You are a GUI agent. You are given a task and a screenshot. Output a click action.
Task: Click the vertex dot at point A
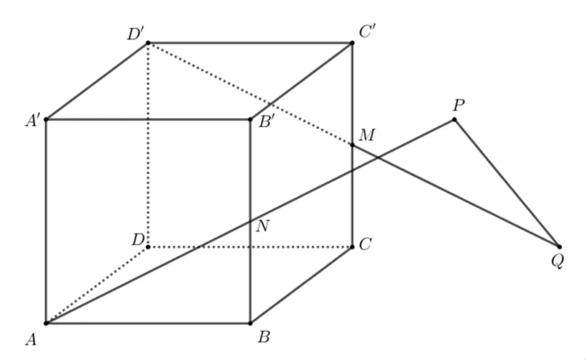point(46,323)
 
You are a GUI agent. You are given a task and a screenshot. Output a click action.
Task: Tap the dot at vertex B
point(250,323)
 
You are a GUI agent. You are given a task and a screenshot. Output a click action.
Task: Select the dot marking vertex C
point(352,247)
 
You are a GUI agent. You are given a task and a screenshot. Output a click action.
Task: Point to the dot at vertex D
point(148,247)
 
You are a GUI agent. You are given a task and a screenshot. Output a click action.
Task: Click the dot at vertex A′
point(46,119)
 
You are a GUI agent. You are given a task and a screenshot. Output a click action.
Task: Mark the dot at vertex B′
point(250,119)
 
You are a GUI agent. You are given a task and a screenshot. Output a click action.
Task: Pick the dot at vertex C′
point(352,43)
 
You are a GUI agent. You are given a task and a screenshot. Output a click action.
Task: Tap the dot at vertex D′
point(148,43)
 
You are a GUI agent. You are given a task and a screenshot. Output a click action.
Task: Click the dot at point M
point(352,144)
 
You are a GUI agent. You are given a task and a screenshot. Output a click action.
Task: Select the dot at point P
point(454,119)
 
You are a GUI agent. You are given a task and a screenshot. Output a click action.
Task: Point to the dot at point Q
point(559,247)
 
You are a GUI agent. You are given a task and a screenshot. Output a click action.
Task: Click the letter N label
point(262,226)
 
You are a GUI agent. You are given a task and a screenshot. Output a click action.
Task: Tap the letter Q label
point(558,261)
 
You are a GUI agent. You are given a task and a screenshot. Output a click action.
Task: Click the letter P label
point(459,106)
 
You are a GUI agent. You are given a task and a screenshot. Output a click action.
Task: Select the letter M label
point(367,135)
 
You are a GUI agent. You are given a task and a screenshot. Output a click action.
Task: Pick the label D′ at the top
point(135,34)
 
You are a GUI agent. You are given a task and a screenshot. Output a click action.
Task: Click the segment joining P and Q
point(507,183)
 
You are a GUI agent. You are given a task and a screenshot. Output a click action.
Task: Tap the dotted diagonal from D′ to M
point(250,94)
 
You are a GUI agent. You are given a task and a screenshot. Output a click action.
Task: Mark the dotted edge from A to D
point(97,285)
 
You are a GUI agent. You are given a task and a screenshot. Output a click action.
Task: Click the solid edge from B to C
point(301,285)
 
